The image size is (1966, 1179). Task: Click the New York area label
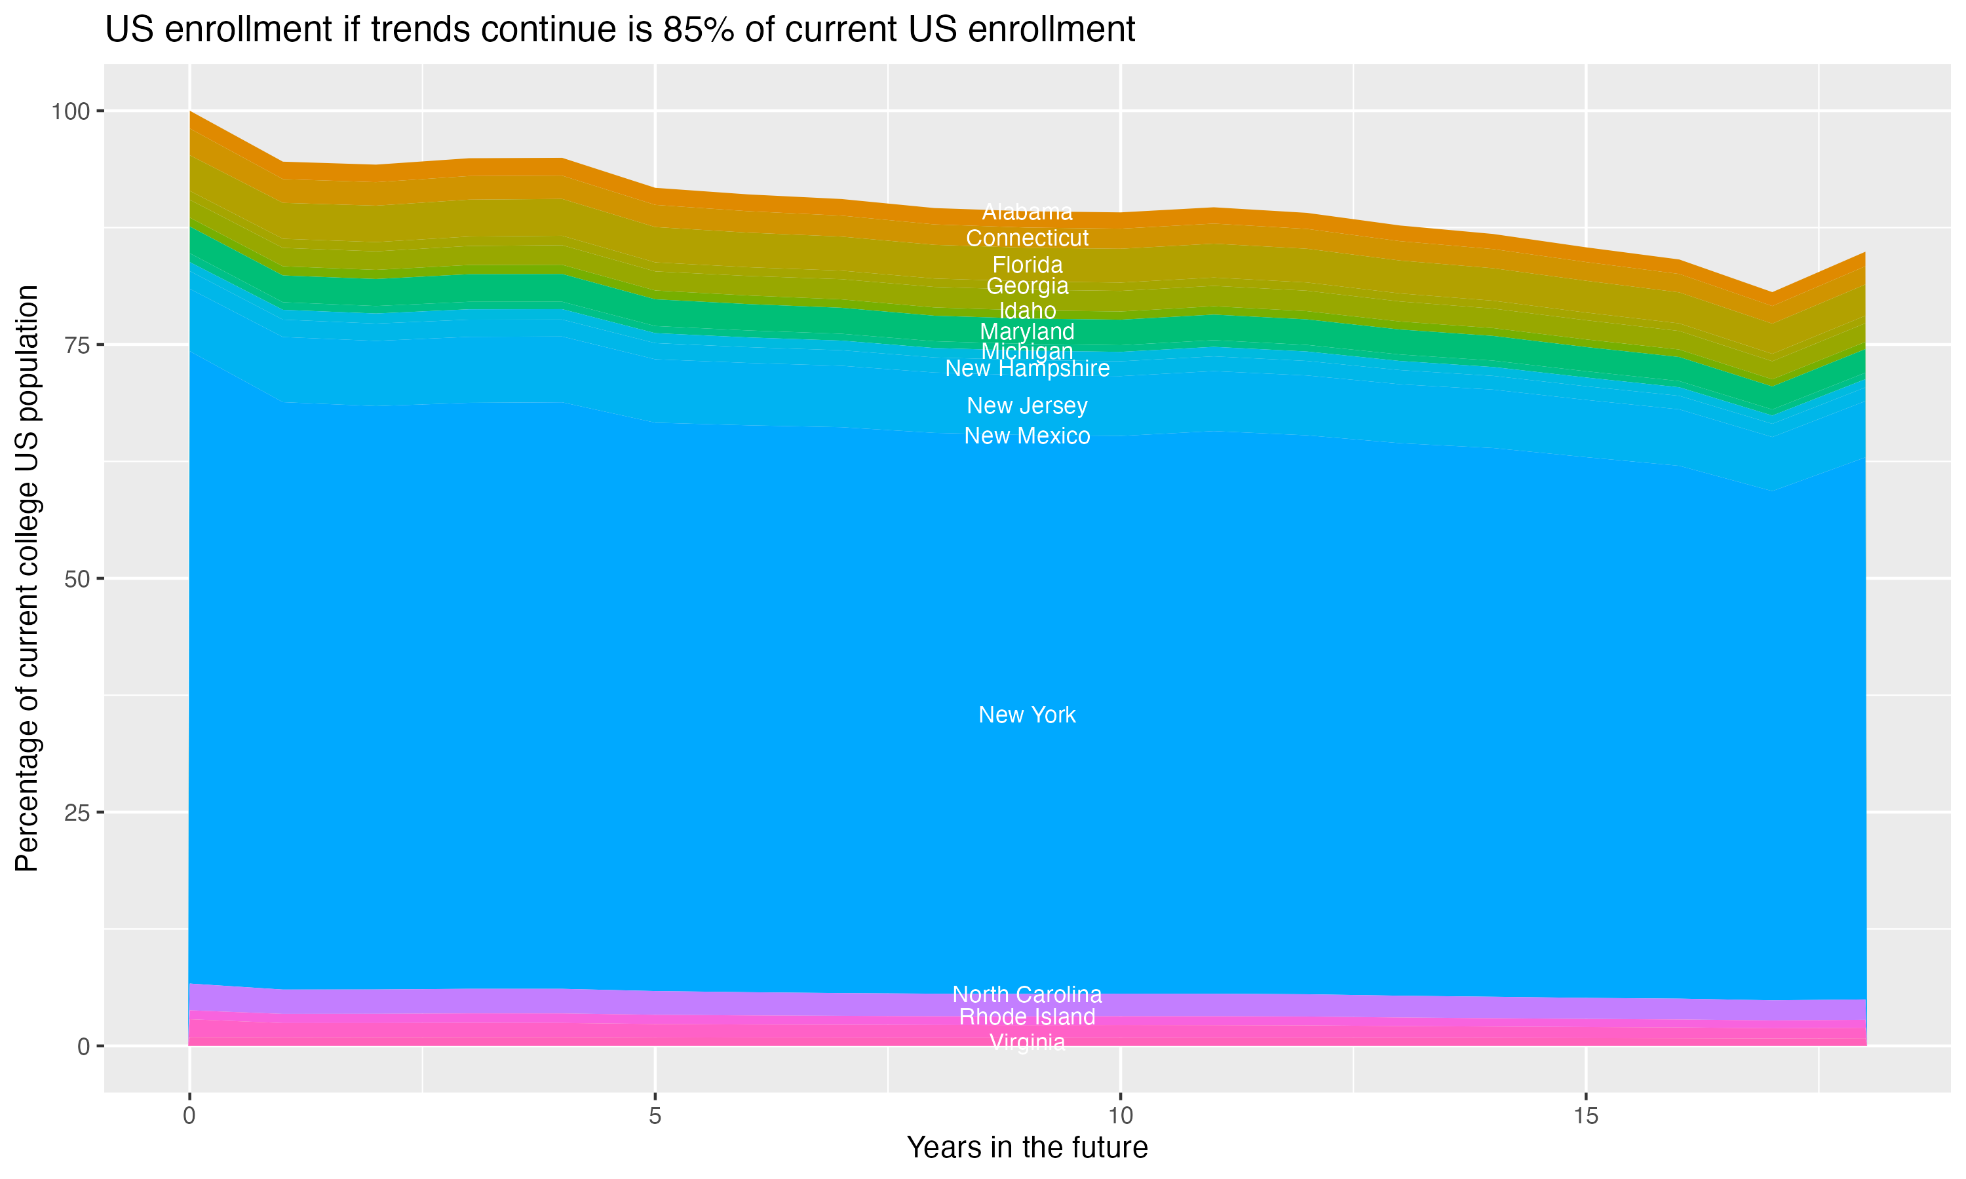tap(1027, 715)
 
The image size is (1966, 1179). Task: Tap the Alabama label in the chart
tap(1027, 212)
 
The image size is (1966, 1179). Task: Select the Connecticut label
tap(1027, 238)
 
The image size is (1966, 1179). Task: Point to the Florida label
tap(1027, 265)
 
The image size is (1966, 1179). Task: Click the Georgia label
tap(1027, 286)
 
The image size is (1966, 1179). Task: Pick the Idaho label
tap(1027, 310)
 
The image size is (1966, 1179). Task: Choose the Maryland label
tap(1027, 331)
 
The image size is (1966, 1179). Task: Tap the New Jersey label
tap(1027, 406)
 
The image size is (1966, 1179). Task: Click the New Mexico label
tap(1027, 436)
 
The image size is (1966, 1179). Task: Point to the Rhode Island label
tap(1027, 1017)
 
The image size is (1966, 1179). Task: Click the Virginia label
tap(1027, 1041)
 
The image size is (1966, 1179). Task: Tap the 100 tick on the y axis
tap(70, 111)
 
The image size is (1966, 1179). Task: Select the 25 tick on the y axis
tap(76, 813)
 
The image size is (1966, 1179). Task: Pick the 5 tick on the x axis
tap(655, 1116)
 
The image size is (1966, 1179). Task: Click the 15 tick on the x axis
tap(1585, 1116)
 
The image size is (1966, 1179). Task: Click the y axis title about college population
tap(27, 578)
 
